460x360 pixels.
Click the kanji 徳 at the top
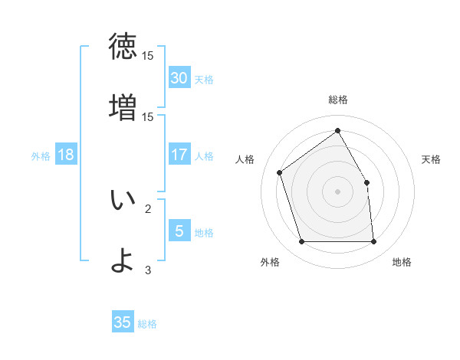(123, 47)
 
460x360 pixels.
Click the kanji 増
(123, 106)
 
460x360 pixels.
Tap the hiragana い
(123, 200)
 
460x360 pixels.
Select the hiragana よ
(123, 260)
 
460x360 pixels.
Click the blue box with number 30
(179, 78)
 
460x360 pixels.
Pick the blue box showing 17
(179, 155)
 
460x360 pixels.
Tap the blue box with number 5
(179, 231)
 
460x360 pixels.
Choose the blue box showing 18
(66, 155)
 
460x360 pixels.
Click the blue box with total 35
(123, 322)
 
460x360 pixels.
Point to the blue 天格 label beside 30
(204, 79)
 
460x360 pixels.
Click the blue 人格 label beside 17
(204, 155)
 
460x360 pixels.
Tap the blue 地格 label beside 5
(204, 232)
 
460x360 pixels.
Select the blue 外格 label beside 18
(41, 155)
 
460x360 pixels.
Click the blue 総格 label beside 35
(147, 323)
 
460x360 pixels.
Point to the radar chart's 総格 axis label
(338, 100)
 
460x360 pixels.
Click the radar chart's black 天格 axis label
(432, 159)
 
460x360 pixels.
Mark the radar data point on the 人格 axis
(280, 172)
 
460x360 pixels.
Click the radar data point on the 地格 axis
(373, 242)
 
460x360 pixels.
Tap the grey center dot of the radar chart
(338, 191)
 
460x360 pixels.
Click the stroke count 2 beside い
(148, 208)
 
